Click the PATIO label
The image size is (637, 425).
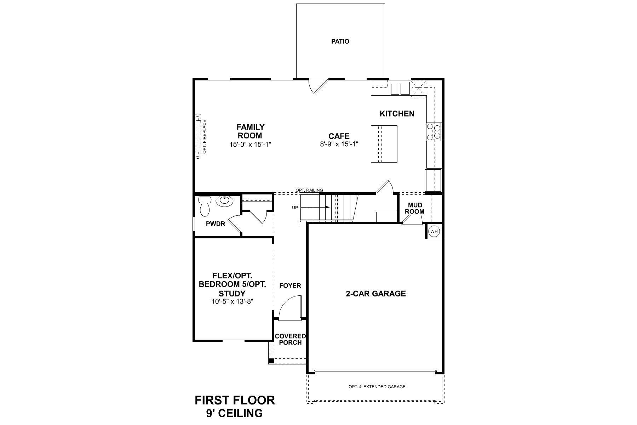pyautogui.click(x=340, y=41)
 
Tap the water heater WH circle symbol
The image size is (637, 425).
pyautogui.click(x=434, y=232)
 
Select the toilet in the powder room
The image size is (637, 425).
pyautogui.click(x=205, y=206)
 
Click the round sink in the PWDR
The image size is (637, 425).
pyautogui.click(x=225, y=201)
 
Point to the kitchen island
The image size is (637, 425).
pyautogui.click(x=384, y=144)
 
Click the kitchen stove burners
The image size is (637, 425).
pyautogui.click(x=434, y=132)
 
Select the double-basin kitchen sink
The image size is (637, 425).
pyautogui.click(x=400, y=89)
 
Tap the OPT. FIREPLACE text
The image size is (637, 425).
pyautogui.click(x=205, y=137)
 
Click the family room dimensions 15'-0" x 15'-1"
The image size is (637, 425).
pyautogui.click(x=251, y=144)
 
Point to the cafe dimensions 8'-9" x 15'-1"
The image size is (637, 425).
pyautogui.click(x=339, y=144)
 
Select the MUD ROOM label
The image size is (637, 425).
pyautogui.click(x=415, y=208)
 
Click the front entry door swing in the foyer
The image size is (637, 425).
pyautogui.click(x=290, y=307)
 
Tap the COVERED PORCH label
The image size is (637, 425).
pyautogui.click(x=290, y=339)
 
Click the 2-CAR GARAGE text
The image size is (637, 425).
pyautogui.click(x=375, y=294)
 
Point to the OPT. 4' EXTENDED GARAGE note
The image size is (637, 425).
pyautogui.click(x=377, y=387)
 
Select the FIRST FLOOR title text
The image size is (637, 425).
pyautogui.click(x=235, y=401)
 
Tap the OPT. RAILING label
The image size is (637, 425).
pyautogui.click(x=309, y=191)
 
